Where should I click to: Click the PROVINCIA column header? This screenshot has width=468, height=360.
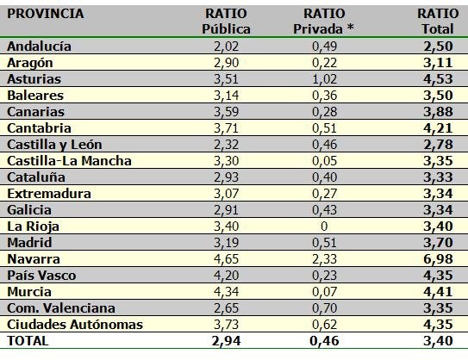point(46,14)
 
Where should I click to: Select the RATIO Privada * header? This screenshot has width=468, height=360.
point(324,22)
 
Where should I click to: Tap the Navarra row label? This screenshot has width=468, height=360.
point(34,259)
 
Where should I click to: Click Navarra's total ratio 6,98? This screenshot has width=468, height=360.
point(438,259)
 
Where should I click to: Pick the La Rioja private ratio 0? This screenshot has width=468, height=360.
point(324,227)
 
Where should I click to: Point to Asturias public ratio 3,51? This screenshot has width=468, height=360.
point(226,79)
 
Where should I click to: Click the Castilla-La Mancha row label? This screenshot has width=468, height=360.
point(69,161)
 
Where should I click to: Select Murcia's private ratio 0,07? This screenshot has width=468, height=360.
point(324,292)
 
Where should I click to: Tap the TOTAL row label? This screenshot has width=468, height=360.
point(28,341)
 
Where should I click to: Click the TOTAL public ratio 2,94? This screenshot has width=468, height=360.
point(226,341)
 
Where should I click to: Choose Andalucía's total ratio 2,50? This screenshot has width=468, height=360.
point(438,47)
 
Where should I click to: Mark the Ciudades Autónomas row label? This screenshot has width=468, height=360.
point(75,325)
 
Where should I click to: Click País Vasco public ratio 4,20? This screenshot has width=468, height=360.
point(226,276)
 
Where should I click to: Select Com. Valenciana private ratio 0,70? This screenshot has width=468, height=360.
point(324,308)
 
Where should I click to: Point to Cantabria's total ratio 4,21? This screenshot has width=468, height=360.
point(438,128)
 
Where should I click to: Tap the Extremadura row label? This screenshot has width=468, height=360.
point(49,194)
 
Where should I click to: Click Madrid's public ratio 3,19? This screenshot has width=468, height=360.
point(226,243)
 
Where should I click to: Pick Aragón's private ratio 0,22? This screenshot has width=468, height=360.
point(324,63)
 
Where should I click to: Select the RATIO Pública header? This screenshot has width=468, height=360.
point(226,22)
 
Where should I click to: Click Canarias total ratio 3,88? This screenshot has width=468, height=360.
point(438,112)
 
